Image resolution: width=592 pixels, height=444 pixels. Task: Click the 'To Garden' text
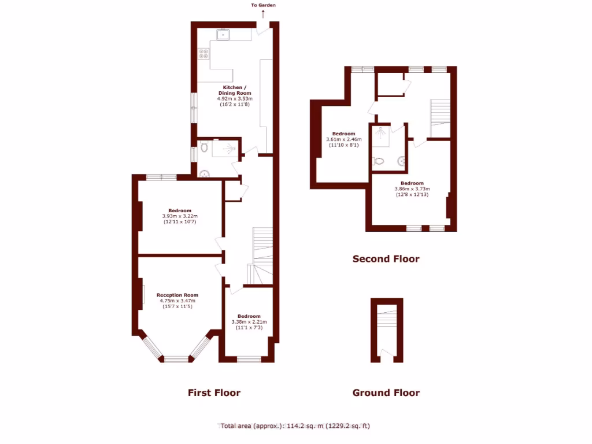pyautogui.click(x=263, y=5)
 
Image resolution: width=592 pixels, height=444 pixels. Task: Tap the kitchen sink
pyautogui.click(x=223, y=35)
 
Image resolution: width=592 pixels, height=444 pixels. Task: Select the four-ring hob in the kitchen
pyautogui.click(x=204, y=54)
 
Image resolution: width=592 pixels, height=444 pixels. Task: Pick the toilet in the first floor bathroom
pyautogui.click(x=204, y=147)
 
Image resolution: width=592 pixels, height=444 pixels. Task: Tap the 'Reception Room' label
pyautogui.click(x=177, y=295)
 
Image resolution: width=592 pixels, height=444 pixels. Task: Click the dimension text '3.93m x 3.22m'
pyautogui.click(x=180, y=216)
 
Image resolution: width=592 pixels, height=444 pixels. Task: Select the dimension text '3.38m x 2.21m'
pyautogui.click(x=249, y=322)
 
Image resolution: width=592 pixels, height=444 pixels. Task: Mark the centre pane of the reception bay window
pyautogui.click(x=177, y=360)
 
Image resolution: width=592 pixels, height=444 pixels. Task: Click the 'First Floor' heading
pyautogui.click(x=214, y=393)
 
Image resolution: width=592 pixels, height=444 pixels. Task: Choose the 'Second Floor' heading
pyautogui.click(x=386, y=259)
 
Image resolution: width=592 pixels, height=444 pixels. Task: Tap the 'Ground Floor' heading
pyautogui.click(x=386, y=393)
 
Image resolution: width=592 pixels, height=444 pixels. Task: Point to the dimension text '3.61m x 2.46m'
pyautogui.click(x=343, y=139)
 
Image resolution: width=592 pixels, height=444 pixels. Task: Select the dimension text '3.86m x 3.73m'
pyautogui.click(x=412, y=188)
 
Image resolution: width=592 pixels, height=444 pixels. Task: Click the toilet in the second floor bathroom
pyautogui.click(x=379, y=161)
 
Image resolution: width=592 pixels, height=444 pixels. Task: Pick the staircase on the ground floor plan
pyautogui.click(x=387, y=324)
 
